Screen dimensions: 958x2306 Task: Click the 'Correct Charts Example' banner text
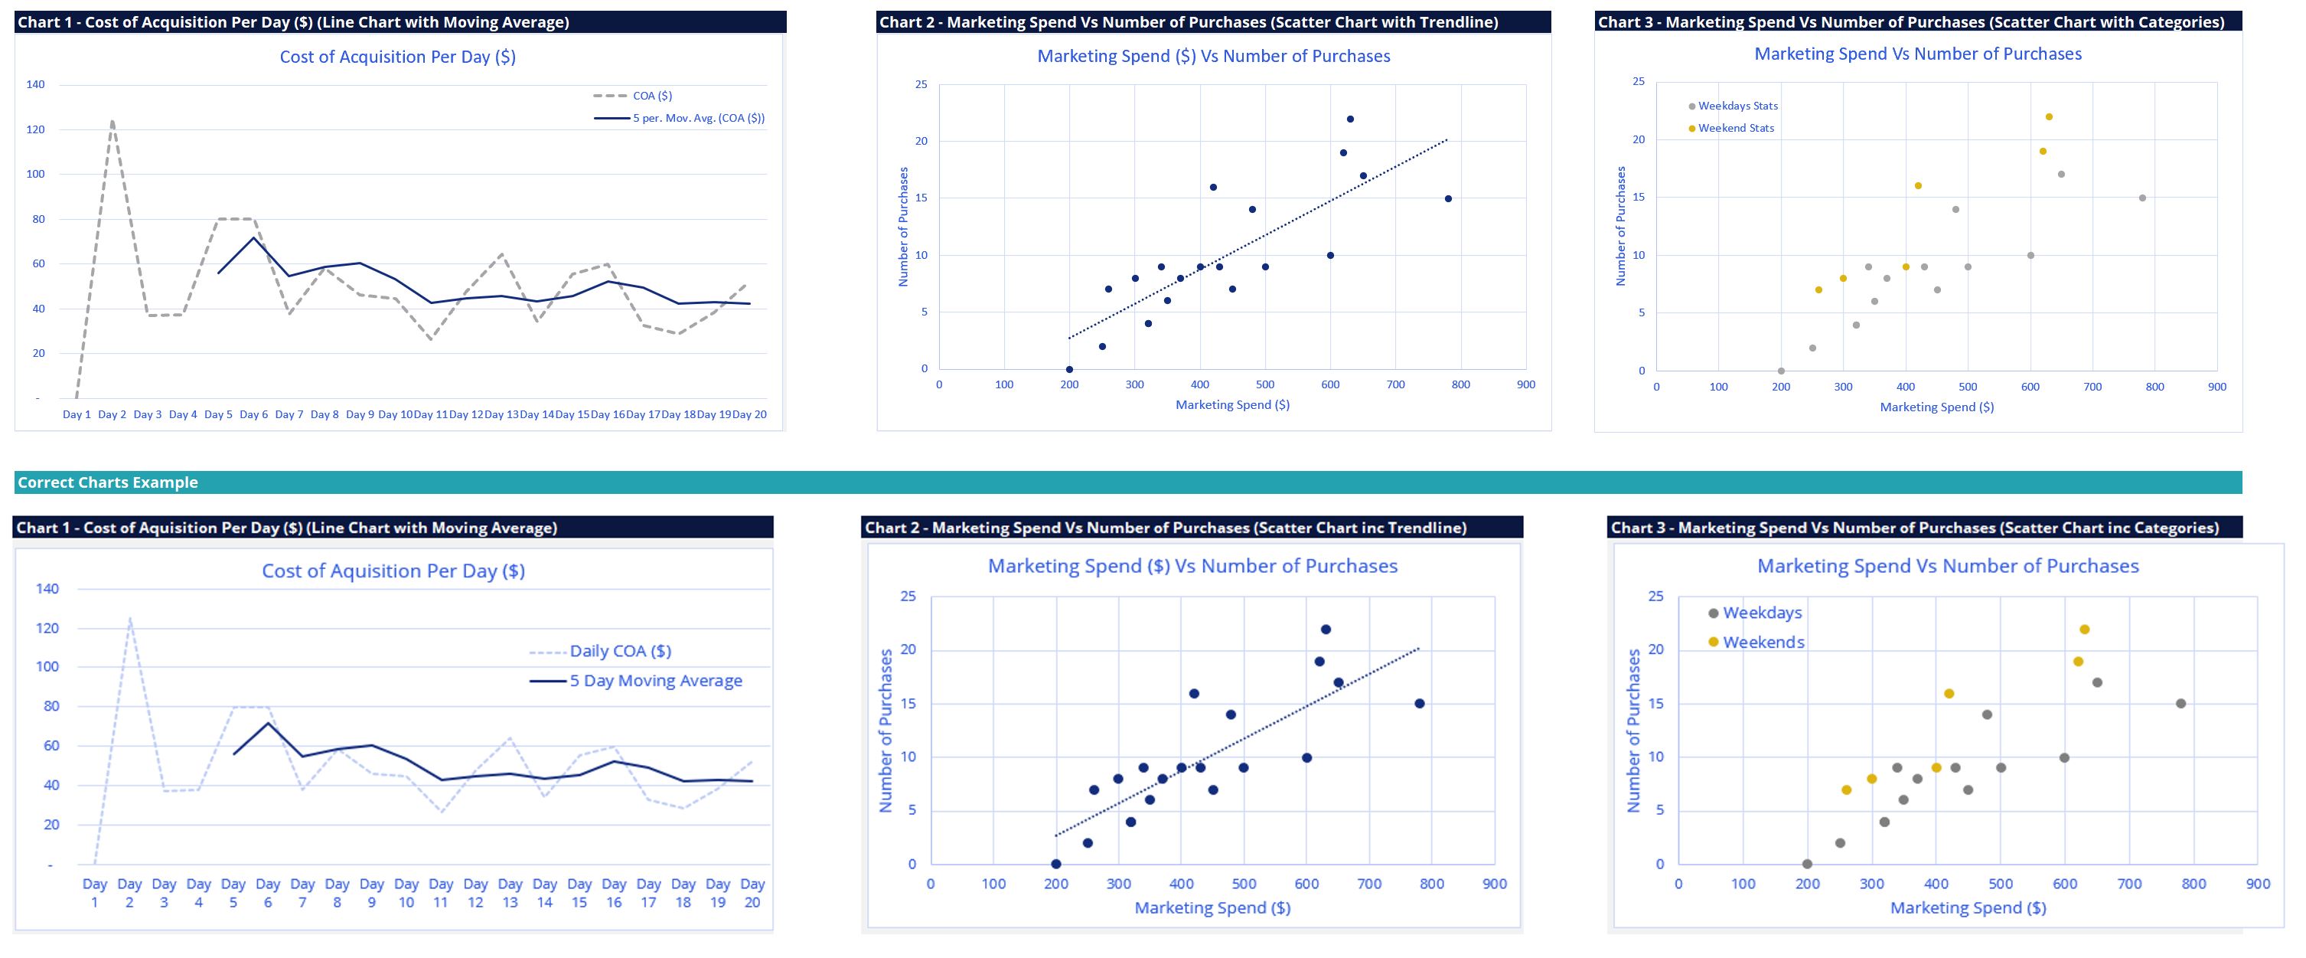[x=107, y=482]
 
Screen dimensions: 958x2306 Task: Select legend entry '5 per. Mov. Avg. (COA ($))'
[x=698, y=118]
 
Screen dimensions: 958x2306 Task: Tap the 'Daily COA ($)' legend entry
[x=619, y=651]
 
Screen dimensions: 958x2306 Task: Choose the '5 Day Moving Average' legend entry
[x=655, y=681]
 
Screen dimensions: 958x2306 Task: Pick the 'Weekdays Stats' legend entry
[x=1737, y=106]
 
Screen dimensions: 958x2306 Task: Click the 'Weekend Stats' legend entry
[x=1736, y=128]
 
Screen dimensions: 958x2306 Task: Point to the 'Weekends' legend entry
[x=1763, y=642]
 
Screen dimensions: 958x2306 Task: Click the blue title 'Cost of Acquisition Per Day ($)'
[x=397, y=57]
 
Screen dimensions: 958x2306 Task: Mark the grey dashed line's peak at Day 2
[x=112, y=121]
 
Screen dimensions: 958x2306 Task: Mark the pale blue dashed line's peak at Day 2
[x=130, y=618]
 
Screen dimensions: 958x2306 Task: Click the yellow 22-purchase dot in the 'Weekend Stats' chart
[x=2049, y=117]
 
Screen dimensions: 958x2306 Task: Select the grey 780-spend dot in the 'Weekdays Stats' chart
[x=2142, y=198]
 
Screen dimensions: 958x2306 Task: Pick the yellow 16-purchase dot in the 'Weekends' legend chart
[x=1949, y=694]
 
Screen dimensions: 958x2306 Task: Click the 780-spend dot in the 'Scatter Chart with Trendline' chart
[x=1447, y=199]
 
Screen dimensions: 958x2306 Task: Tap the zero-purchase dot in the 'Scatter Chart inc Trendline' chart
[x=1056, y=864]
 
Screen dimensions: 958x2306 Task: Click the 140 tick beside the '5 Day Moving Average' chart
[x=47, y=589]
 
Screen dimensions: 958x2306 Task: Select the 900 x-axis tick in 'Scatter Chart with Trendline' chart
[x=1525, y=385]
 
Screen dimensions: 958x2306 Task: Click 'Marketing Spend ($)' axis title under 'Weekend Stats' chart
[x=1936, y=407]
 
